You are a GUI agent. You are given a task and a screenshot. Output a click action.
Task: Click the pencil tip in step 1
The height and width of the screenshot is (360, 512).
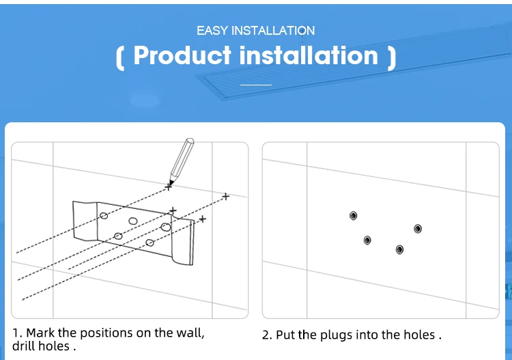170,184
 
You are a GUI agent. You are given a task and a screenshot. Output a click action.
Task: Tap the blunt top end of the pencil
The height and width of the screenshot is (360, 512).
190,141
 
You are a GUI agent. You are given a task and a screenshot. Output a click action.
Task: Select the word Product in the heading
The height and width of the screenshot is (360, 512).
182,55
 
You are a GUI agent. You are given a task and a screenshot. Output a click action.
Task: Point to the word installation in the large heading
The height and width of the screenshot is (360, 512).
309,55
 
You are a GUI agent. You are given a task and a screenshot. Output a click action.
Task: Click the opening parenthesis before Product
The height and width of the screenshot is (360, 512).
120,58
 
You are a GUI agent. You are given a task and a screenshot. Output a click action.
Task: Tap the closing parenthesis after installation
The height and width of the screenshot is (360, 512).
392,58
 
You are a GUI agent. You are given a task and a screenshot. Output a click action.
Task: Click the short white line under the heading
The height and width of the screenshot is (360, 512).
256,85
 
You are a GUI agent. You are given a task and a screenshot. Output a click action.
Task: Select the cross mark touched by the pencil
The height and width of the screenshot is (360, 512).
168,187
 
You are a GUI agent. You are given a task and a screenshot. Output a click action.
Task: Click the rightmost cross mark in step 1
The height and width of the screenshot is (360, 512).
226,197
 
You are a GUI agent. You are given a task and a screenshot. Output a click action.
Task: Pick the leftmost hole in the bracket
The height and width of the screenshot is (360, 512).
104,216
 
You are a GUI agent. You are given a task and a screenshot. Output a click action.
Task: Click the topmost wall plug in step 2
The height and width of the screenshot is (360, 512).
354,216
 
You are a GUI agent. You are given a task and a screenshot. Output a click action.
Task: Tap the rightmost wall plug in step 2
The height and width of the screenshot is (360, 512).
418,229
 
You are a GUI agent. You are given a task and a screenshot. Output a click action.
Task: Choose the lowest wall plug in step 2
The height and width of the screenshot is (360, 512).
399,250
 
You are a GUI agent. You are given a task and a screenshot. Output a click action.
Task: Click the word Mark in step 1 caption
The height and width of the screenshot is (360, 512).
40,333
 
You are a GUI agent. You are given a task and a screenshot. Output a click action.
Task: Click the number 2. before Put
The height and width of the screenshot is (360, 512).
268,335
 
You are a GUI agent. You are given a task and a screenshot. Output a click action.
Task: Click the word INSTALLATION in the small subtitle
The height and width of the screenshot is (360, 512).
273,31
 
